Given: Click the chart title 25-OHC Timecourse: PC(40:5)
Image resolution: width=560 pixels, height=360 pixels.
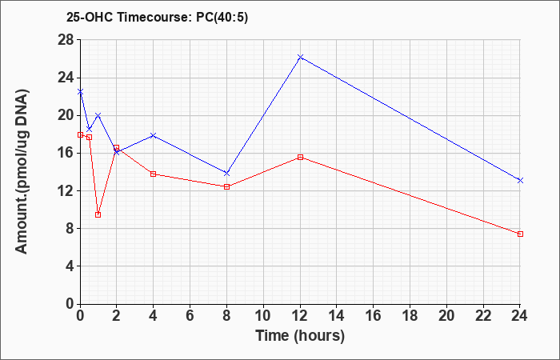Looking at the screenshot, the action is (x=157, y=17).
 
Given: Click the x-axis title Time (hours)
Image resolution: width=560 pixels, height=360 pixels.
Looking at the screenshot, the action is (x=300, y=336).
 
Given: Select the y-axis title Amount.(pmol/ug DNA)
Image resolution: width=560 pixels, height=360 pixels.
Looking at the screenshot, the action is (x=22, y=171).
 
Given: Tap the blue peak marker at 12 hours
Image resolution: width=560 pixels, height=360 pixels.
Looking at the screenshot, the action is (x=300, y=57).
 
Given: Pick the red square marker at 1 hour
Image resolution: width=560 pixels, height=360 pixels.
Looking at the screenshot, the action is (x=98, y=214).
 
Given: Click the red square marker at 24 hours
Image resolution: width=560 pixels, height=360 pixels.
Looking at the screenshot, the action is (x=520, y=234).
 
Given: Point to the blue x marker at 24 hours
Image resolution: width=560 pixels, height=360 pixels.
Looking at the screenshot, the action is (x=520, y=180).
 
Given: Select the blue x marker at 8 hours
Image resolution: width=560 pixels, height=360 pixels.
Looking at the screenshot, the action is (x=226, y=174).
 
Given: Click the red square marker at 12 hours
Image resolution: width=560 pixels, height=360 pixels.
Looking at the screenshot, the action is (x=300, y=157).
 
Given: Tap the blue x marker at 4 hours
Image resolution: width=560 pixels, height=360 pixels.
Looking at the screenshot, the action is (x=154, y=135).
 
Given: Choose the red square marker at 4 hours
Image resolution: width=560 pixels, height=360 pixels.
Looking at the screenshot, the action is (x=154, y=174).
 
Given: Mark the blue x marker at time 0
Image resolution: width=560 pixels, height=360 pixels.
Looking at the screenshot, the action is (x=80, y=92).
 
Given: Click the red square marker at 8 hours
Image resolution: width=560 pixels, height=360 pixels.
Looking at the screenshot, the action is (x=226, y=186).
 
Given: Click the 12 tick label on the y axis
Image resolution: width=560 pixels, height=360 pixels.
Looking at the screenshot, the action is (x=66, y=190).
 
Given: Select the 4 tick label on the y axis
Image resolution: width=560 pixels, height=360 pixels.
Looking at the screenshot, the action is (x=70, y=266).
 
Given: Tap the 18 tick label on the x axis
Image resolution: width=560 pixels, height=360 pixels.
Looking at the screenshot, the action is (x=410, y=316).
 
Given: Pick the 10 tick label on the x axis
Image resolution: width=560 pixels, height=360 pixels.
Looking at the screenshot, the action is (x=263, y=316).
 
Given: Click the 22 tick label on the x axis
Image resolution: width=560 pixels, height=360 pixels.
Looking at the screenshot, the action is (x=483, y=316).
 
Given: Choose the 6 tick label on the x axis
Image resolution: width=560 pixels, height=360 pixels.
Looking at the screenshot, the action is (x=190, y=316).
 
